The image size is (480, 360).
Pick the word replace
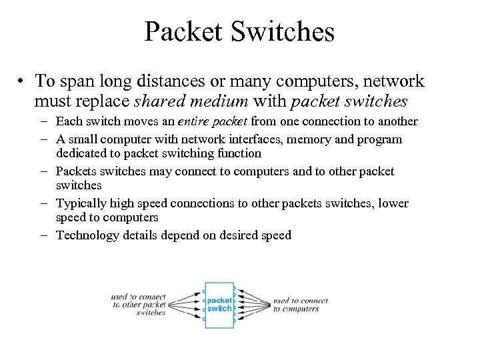tap(99, 103)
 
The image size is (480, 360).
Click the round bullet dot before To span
tap(22, 82)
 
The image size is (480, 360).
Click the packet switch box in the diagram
tap(219, 305)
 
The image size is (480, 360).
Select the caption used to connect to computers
tap(300, 305)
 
